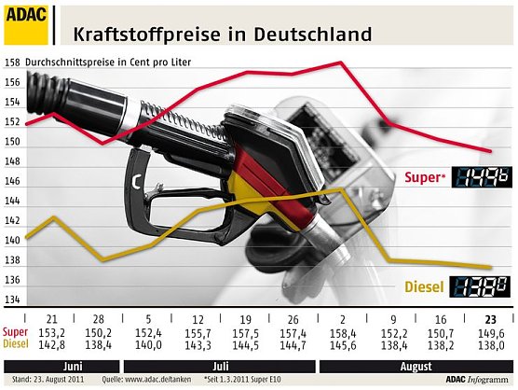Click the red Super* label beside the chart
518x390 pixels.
[423, 177]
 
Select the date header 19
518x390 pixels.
[246, 319]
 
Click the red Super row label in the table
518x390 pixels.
[15, 333]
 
